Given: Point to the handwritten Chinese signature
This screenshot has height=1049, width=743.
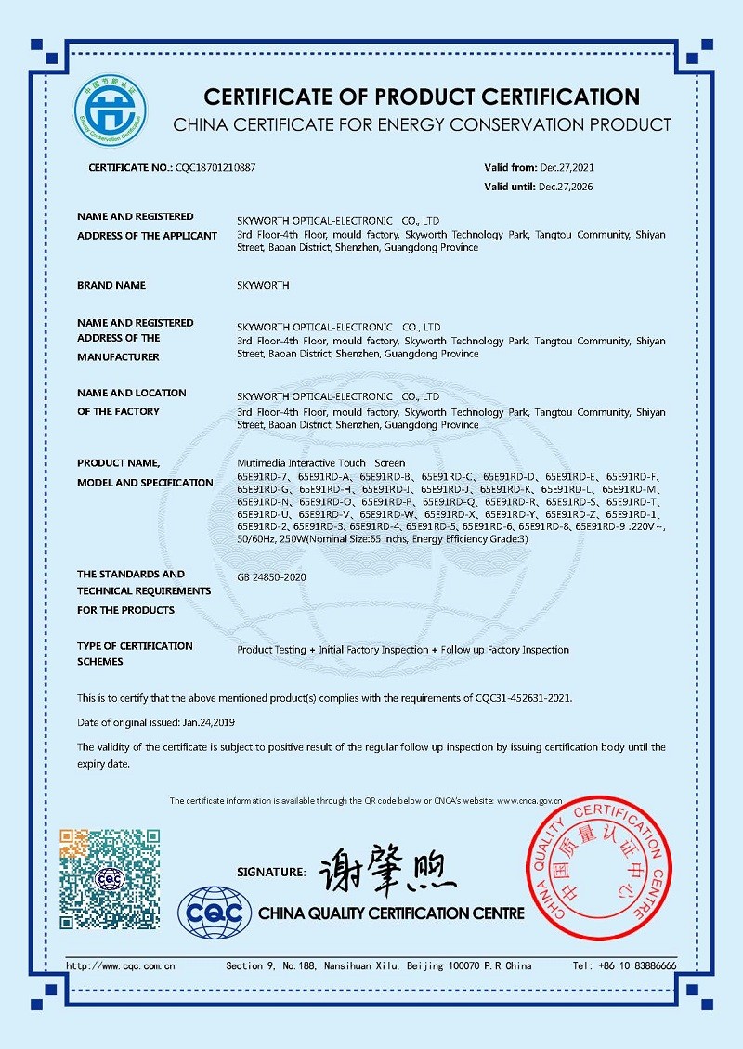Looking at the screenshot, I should (x=385, y=870).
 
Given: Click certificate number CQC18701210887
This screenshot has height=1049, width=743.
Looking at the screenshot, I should (x=215, y=168).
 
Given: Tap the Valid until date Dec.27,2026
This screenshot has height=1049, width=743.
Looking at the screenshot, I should (x=566, y=187).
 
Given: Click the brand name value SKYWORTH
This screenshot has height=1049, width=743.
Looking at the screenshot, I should (x=264, y=286).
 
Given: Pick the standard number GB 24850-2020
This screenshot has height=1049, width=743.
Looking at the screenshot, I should (x=272, y=577).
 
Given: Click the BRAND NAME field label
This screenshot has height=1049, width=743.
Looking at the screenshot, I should (x=111, y=286).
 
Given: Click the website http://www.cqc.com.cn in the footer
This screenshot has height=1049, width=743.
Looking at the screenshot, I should (x=121, y=966).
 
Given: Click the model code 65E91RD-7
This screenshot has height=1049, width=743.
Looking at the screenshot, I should (x=265, y=476).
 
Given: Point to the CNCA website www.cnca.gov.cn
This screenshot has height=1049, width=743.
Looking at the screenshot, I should (x=529, y=800).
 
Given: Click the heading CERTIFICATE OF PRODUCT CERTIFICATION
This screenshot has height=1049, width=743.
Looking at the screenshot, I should (x=422, y=97).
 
